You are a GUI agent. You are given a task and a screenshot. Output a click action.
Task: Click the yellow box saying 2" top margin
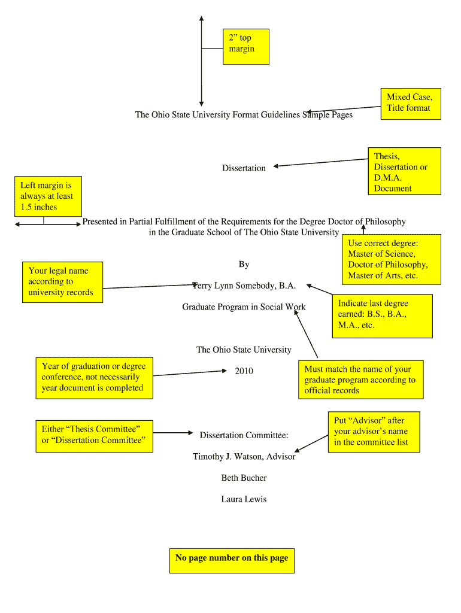(x=245, y=46)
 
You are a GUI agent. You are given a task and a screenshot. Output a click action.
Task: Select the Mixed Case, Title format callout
(x=410, y=103)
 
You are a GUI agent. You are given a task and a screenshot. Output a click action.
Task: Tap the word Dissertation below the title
(x=244, y=168)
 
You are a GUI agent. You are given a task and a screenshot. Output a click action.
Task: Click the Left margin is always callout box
(x=47, y=196)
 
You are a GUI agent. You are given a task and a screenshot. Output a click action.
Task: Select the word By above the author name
(x=244, y=264)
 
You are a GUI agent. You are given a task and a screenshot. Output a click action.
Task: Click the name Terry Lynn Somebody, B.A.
(x=244, y=286)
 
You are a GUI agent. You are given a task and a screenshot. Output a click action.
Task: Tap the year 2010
(x=244, y=371)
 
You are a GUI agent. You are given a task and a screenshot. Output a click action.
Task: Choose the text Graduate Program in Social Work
(x=244, y=307)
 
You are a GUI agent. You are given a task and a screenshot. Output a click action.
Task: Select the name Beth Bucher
(x=244, y=478)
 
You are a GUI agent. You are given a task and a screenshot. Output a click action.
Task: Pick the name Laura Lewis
(x=244, y=499)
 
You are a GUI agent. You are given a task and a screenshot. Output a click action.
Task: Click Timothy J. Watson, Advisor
(x=244, y=456)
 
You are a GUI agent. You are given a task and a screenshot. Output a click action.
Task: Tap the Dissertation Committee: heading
(x=244, y=435)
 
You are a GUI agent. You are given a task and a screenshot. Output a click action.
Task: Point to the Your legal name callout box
(x=62, y=282)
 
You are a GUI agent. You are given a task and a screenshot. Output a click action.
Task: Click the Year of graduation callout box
(x=94, y=378)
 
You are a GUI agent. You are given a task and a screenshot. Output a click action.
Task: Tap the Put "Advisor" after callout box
(x=374, y=432)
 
